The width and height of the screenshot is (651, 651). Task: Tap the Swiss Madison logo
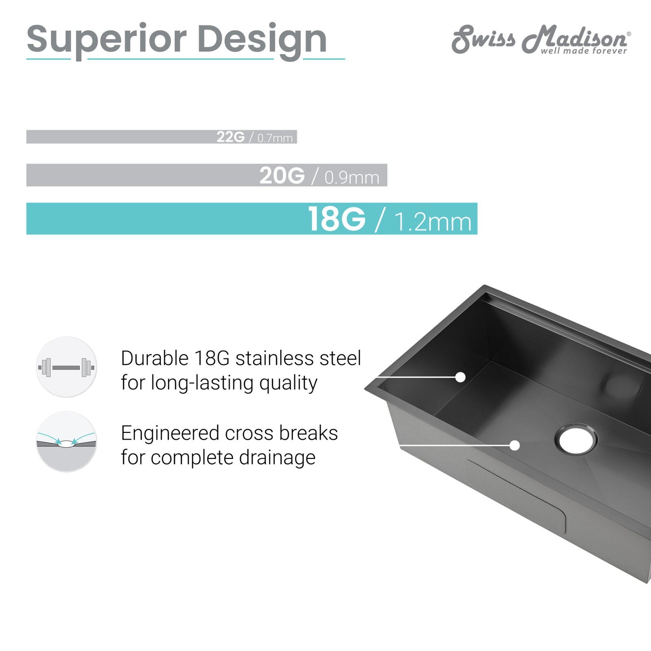click(x=541, y=39)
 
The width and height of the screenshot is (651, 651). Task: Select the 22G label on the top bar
click(x=230, y=137)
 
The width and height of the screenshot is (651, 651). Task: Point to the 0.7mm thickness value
click(x=275, y=138)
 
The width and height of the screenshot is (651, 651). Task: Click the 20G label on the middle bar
click(x=282, y=176)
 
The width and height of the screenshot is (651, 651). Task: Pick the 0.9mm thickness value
click(x=352, y=177)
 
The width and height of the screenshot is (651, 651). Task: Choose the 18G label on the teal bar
click(x=336, y=219)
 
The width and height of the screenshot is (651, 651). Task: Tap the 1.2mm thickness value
click(x=433, y=222)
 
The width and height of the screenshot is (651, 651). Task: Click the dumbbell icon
click(x=66, y=367)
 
